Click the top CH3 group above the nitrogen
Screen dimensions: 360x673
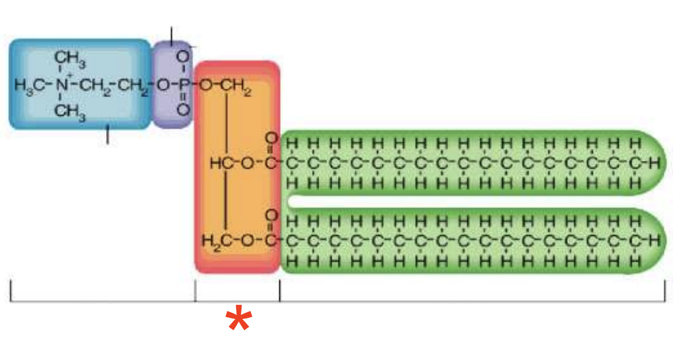(x=70, y=60)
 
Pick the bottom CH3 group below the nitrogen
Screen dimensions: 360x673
(x=70, y=111)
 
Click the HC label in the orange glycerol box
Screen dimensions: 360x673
(x=219, y=163)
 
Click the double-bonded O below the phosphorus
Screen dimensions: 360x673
(x=183, y=109)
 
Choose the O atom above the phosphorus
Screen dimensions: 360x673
(x=183, y=56)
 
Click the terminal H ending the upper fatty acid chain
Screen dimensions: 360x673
(x=655, y=163)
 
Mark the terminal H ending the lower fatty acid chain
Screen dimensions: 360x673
(x=655, y=241)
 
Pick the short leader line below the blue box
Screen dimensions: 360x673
(x=107, y=135)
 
